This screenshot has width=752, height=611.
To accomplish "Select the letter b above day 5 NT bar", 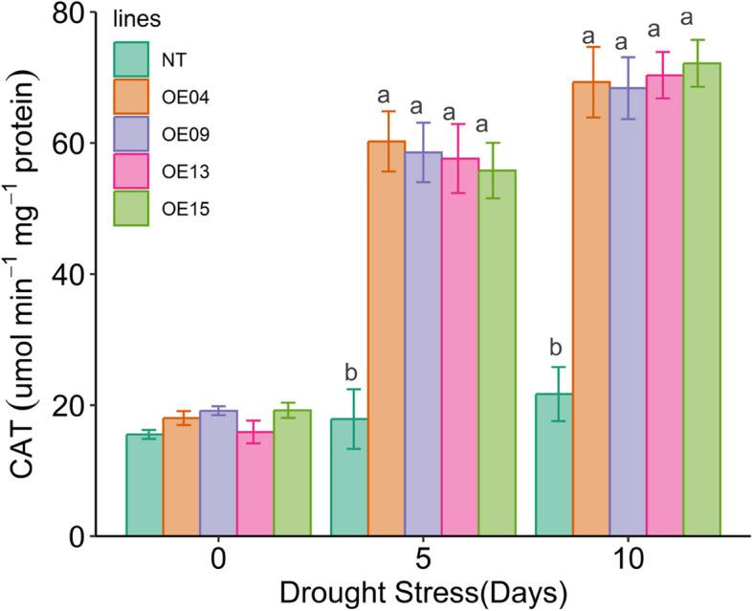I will click(x=349, y=371).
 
